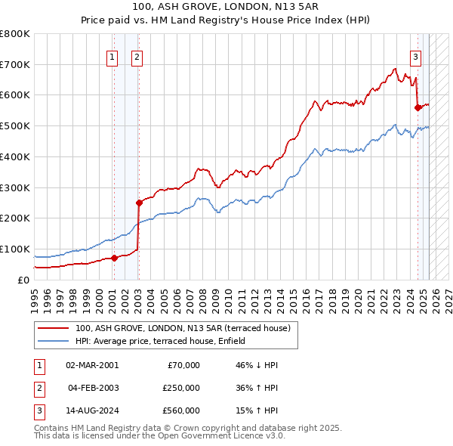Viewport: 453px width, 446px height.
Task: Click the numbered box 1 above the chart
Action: click(x=112, y=56)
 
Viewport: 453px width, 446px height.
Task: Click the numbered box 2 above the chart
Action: click(x=137, y=56)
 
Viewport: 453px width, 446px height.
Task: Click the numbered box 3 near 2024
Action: click(x=415, y=56)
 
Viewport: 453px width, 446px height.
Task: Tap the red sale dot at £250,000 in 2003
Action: click(x=138, y=202)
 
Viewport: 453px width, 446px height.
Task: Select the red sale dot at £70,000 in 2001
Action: click(x=114, y=258)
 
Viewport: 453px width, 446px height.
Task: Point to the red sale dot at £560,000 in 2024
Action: click(x=418, y=107)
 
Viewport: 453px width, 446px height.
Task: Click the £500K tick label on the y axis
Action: click(x=15, y=125)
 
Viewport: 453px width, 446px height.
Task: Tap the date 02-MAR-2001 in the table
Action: click(x=92, y=365)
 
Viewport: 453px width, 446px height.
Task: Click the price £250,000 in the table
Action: click(x=181, y=388)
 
